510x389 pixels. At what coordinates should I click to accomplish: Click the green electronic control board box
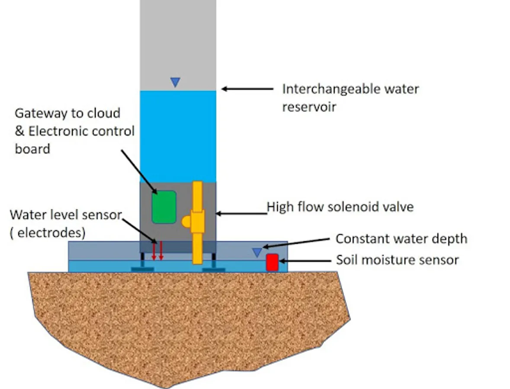164,207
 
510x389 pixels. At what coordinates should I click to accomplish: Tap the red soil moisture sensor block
272,262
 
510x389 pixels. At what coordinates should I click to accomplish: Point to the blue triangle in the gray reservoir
175,82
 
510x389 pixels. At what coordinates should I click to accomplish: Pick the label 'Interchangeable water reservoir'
350,98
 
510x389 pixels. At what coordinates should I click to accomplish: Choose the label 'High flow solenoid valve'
340,207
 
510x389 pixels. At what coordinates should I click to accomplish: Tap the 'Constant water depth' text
401,239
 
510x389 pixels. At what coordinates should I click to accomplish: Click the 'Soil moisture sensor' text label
397,260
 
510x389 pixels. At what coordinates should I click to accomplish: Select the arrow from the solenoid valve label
241,213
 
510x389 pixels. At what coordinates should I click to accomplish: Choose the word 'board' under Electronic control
32,149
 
